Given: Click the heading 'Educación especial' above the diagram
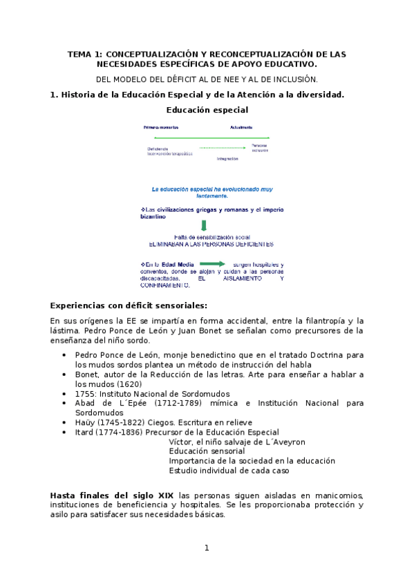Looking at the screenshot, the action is coord(207,109).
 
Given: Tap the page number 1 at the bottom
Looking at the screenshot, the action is coord(206,548).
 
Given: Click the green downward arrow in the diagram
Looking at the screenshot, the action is coord(204,225).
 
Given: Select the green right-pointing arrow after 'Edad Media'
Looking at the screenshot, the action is coord(212,263).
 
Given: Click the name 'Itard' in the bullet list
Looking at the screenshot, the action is coord(86,432).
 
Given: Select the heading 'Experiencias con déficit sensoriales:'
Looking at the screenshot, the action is coord(129,305).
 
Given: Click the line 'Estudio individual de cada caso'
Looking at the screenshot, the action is coord(229,471).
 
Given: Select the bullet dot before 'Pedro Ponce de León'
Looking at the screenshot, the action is coord(64,355).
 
